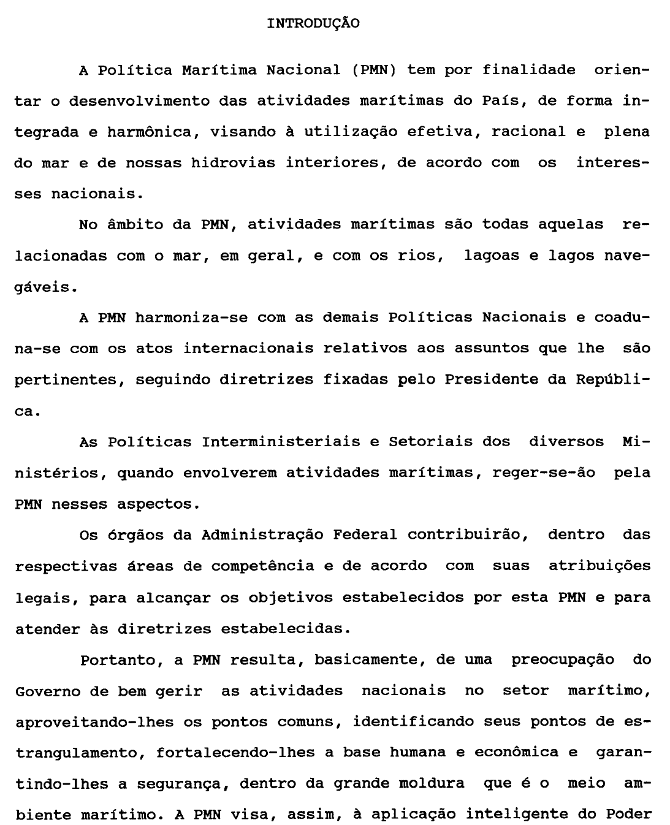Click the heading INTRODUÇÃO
click(313, 24)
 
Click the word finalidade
click(528, 70)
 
